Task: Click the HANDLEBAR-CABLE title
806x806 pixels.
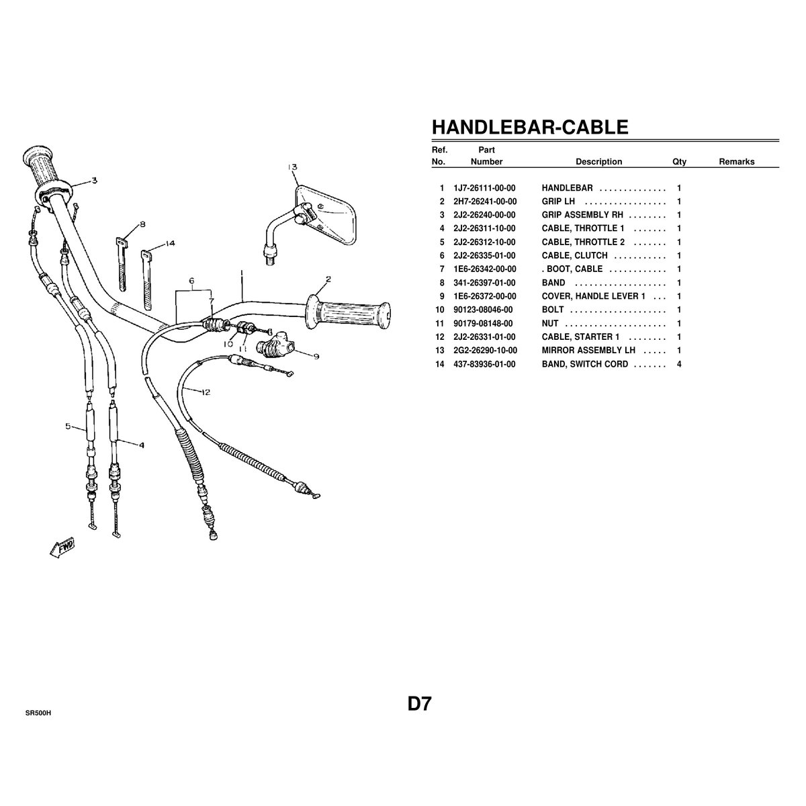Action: (x=529, y=127)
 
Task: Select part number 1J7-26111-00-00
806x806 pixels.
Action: (x=484, y=188)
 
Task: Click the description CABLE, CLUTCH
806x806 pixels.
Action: (x=574, y=255)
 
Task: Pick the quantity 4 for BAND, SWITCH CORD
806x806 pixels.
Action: (x=679, y=364)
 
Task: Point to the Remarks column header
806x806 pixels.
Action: (x=737, y=161)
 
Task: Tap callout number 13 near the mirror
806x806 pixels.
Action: (x=292, y=167)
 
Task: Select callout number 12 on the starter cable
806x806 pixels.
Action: (x=206, y=392)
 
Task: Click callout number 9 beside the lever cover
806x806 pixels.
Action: (x=316, y=357)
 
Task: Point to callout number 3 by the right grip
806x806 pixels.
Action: (x=95, y=180)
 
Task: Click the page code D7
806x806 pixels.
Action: (x=419, y=704)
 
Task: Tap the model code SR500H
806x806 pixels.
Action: (x=38, y=713)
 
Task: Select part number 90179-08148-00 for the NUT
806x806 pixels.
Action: (x=483, y=324)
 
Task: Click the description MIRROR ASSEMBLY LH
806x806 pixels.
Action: (x=588, y=351)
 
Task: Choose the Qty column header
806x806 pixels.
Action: (x=679, y=162)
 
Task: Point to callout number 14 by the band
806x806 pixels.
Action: (x=170, y=243)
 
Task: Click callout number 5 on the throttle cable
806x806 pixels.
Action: (x=68, y=427)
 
